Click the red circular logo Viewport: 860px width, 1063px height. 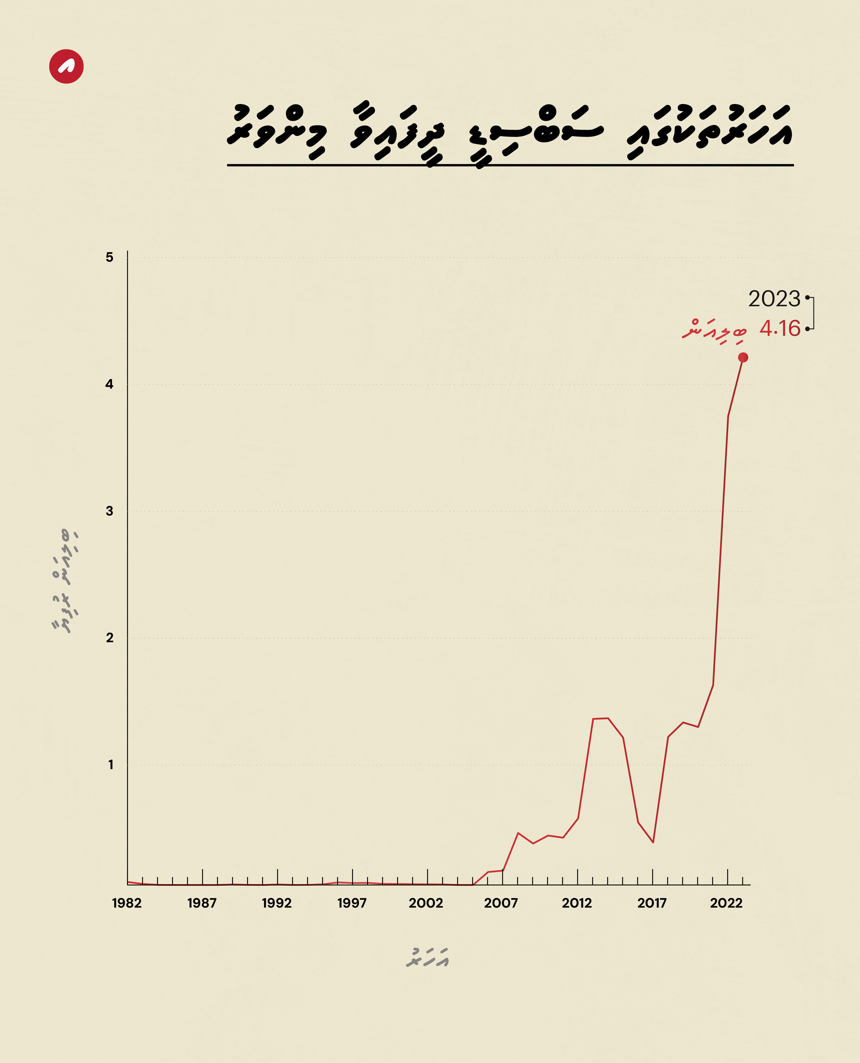[x=66, y=66]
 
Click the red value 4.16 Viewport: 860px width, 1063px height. [x=780, y=328]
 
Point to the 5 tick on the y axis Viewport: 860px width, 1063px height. [x=109, y=257]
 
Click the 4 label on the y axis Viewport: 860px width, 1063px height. [x=109, y=384]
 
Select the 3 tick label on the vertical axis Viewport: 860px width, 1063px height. [x=109, y=511]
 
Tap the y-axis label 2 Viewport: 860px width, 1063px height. [x=109, y=637]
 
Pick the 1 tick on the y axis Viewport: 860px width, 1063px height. [x=110, y=764]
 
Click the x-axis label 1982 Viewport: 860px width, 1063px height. [x=127, y=903]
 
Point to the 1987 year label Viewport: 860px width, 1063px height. [x=202, y=903]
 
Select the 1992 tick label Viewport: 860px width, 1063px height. [x=277, y=903]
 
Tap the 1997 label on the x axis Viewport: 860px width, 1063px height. [x=352, y=903]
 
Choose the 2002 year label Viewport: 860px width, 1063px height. [x=426, y=903]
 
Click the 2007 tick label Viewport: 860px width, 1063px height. [x=501, y=903]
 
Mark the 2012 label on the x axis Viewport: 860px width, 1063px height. [x=577, y=903]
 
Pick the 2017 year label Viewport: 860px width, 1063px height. [x=652, y=903]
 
